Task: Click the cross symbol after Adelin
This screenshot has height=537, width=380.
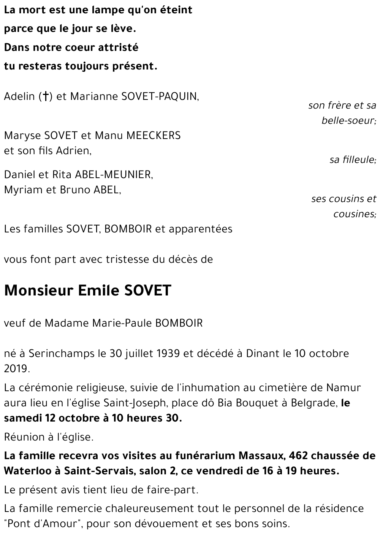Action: [x=46, y=97]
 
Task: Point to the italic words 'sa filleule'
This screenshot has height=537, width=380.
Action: [x=353, y=160]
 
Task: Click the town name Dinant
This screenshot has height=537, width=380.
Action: [x=263, y=353]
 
